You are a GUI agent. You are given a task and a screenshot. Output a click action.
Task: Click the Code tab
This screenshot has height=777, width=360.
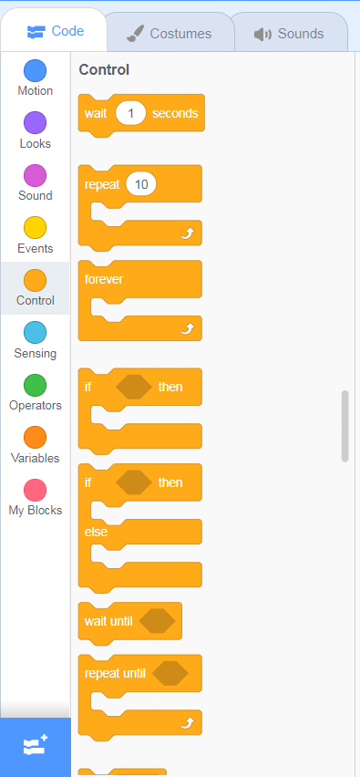55,31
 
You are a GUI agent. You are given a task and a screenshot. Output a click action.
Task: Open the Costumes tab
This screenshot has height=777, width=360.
169,34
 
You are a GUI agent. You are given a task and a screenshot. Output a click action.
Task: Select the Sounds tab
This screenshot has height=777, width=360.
289,34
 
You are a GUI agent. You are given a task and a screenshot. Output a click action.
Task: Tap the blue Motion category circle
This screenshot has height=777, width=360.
36,71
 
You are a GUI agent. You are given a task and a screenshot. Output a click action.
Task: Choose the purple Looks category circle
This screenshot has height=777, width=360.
36,123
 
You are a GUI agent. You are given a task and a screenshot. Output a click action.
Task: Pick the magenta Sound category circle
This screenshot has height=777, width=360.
36,176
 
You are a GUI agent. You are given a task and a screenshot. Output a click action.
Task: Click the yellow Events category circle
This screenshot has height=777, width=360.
36,228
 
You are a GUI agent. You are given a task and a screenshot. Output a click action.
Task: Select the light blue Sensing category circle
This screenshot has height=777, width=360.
36,333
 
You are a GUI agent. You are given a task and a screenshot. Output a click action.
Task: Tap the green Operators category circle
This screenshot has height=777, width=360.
36,386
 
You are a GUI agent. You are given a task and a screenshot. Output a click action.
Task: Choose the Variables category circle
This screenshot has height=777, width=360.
36,438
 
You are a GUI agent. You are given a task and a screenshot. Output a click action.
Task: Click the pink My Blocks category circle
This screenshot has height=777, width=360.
36,490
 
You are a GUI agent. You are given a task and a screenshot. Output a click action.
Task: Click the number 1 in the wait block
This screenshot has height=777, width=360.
130,113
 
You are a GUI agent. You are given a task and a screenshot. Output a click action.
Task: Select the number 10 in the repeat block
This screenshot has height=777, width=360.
141,184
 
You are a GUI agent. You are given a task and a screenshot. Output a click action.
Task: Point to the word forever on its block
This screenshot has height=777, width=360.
104,279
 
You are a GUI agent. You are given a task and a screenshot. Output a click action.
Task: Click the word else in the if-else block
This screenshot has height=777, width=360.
96,533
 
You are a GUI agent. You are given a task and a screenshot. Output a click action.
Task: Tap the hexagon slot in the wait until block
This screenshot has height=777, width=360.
158,621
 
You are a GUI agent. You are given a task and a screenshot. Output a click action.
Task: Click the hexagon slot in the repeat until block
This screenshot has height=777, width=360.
170,674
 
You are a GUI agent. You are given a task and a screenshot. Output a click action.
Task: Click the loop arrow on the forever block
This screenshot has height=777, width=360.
187,328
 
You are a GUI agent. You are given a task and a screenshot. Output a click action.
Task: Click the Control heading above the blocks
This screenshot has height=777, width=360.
104,70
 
